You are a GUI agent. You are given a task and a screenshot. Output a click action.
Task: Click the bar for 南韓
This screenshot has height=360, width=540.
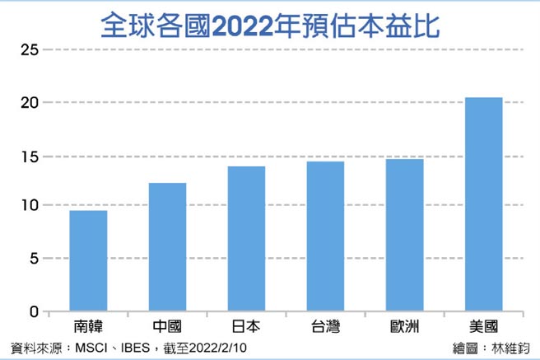point(88,261)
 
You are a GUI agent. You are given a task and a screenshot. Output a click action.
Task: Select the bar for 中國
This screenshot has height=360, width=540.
point(167,247)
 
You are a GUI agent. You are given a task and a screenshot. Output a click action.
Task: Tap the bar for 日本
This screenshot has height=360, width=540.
point(246,239)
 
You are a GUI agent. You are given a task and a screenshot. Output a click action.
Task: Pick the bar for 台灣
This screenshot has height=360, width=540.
point(325,236)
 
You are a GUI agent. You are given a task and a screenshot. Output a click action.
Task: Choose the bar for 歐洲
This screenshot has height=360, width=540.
point(404,235)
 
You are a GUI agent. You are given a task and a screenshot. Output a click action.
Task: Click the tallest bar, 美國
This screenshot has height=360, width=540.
point(483,204)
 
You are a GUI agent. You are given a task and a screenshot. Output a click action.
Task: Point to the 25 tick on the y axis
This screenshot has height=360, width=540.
point(30,51)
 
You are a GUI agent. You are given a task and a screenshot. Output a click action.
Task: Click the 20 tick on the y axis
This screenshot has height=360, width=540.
point(30,103)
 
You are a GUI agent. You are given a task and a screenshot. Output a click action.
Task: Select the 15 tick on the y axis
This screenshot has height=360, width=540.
point(30,157)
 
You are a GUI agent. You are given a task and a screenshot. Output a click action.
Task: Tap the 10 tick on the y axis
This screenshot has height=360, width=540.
point(30,206)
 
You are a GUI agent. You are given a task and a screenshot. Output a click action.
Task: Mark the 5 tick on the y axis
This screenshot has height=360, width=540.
point(34,259)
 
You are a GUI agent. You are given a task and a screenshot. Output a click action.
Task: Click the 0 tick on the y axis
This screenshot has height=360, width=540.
point(34,311)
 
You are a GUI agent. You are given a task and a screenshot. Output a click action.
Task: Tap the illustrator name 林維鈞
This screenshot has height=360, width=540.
point(510,348)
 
